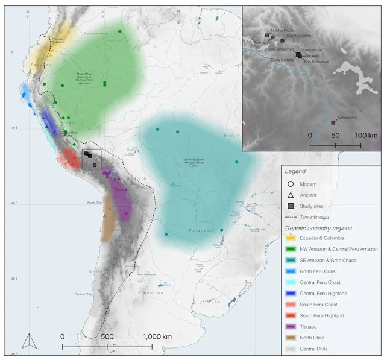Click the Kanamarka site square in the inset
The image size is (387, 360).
pyautogui.click(x=333, y=122)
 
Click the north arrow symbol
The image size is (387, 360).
pyautogui.click(x=26, y=342)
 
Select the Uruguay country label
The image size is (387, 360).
pyautogui.click(x=209, y=300)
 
